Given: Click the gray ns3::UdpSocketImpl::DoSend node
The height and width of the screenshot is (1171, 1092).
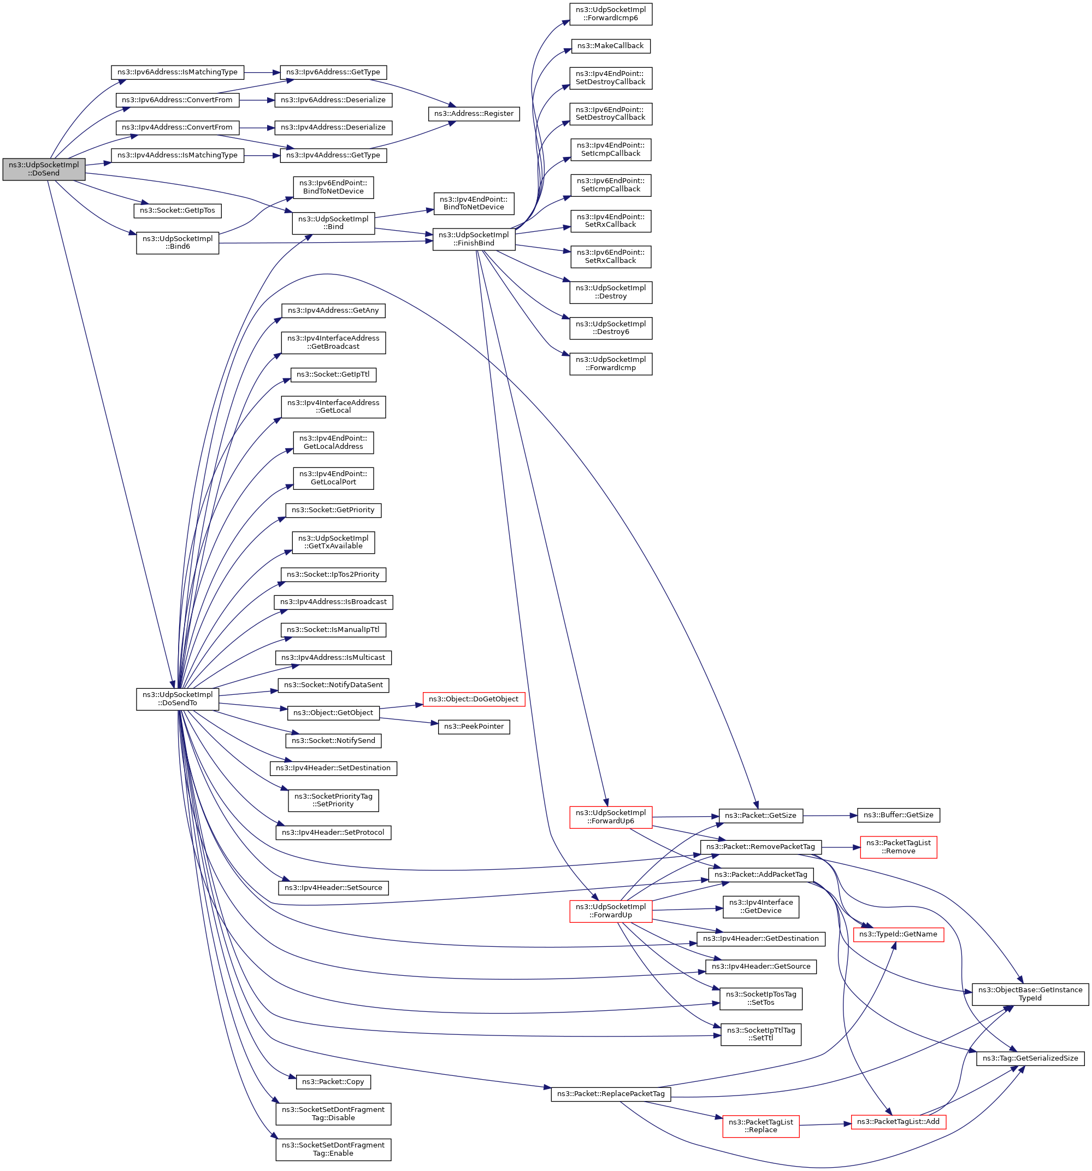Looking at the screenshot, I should pyautogui.click(x=44, y=169).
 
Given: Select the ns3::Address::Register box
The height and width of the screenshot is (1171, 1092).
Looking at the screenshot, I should pyautogui.click(x=473, y=114).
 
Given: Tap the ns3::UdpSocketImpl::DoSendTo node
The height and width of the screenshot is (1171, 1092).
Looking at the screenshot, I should pyautogui.click(x=177, y=699).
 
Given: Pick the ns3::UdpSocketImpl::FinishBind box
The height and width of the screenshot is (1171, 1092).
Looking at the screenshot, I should pyautogui.click(x=473, y=238).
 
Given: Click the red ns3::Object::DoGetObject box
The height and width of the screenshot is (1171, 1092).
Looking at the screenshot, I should pyautogui.click(x=473, y=699).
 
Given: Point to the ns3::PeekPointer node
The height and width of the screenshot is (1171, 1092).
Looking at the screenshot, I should pyautogui.click(x=473, y=727).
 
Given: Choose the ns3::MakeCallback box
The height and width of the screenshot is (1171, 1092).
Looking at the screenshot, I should pyautogui.click(x=611, y=46).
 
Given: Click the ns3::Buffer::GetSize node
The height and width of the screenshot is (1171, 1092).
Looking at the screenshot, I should pyautogui.click(x=898, y=815).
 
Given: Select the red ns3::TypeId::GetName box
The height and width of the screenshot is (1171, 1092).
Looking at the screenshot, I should pyautogui.click(x=898, y=934).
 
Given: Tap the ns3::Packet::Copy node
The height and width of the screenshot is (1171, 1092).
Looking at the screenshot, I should pyautogui.click(x=333, y=1081).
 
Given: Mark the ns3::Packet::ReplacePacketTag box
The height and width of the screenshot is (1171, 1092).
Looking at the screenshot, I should pyautogui.click(x=611, y=1094).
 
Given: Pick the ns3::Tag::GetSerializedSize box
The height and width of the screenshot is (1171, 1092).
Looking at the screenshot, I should pyautogui.click(x=1030, y=1058).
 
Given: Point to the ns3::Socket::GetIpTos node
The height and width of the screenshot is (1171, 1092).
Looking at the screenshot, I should pyautogui.click(x=177, y=210).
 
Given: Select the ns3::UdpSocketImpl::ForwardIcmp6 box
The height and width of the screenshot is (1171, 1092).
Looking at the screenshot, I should pyautogui.click(x=611, y=14).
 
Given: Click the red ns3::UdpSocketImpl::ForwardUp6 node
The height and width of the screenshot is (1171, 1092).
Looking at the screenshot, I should pyautogui.click(x=611, y=816).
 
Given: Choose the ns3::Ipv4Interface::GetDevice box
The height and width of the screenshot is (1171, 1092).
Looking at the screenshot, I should pyautogui.click(x=760, y=906).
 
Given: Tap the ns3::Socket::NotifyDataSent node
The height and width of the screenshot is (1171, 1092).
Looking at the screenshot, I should pyautogui.click(x=333, y=685).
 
